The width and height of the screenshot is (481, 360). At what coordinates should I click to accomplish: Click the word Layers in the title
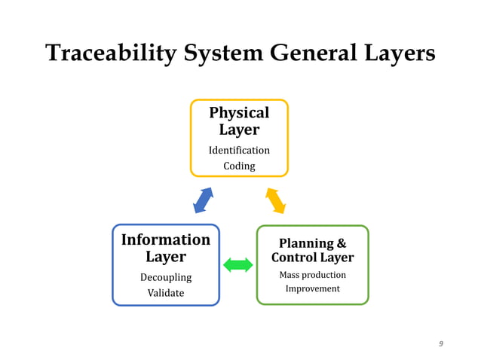coord(399,53)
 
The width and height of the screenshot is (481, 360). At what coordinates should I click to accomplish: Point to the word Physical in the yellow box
coord(239,112)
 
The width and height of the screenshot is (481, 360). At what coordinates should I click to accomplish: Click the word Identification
coord(239,150)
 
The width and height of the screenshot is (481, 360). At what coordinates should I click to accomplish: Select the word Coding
coord(239,166)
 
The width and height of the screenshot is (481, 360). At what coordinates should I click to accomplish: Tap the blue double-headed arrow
coord(204,200)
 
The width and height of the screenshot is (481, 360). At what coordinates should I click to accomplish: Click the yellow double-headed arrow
coord(275,200)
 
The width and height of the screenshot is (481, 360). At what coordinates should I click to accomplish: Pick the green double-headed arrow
coord(238,264)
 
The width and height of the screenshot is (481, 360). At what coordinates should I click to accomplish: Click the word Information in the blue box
coord(166,239)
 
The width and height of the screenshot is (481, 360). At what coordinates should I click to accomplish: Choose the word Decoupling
coord(166,277)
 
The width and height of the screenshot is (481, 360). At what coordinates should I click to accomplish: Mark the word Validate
coord(166,293)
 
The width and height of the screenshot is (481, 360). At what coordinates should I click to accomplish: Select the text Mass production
coord(312,275)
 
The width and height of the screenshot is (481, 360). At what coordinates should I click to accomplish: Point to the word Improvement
coord(312,289)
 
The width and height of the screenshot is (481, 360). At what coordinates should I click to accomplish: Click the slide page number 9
coord(441,344)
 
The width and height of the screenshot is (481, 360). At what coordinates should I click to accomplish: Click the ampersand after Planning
coord(341,243)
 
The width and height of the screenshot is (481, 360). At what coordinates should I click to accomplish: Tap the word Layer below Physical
coord(239,130)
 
